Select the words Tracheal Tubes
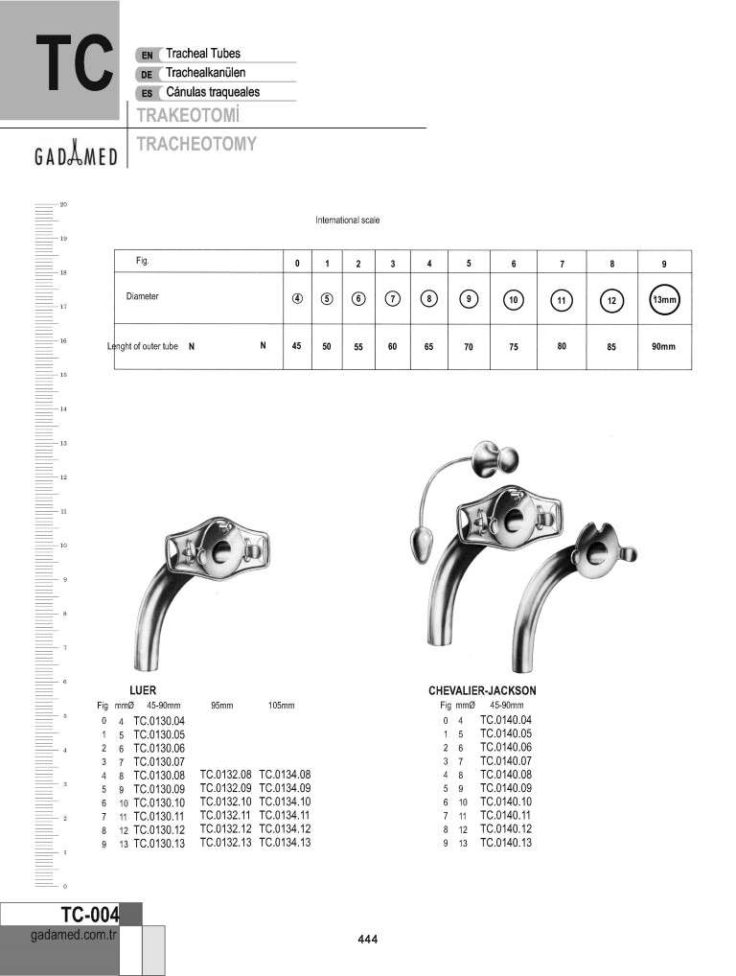(x=203, y=55)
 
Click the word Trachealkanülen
(x=206, y=73)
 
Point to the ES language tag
(x=147, y=93)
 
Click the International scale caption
(x=348, y=221)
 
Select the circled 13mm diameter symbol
(x=663, y=299)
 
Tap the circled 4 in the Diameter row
(x=298, y=298)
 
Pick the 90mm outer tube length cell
(x=663, y=346)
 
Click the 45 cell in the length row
(x=297, y=345)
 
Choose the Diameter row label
(x=143, y=296)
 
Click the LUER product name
(x=143, y=690)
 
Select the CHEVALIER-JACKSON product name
(x=482, y=690)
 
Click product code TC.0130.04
(x=159, y=720)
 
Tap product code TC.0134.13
(x=285, y=843)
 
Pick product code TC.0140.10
(x=506, y=802)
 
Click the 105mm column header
(x=282, y=705)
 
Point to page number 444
(x=368, y=940)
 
